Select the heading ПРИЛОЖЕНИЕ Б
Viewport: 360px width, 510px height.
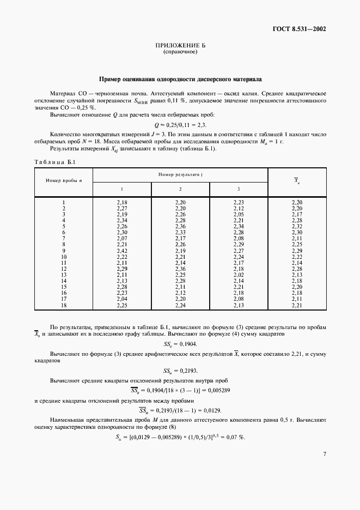[x=180, y=46]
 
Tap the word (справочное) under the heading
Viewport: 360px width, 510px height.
[x=180, y=52]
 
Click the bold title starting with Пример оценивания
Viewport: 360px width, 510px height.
[x=180, y=78]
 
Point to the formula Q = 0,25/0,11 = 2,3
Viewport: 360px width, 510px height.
[x=180, y=125]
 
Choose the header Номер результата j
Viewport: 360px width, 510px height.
[x=180, y=174]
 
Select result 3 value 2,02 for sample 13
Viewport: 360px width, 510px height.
[x=239, y=276]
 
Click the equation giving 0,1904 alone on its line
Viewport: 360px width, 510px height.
[x=180, y=344]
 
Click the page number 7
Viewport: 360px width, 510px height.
[x=324, y=469]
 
